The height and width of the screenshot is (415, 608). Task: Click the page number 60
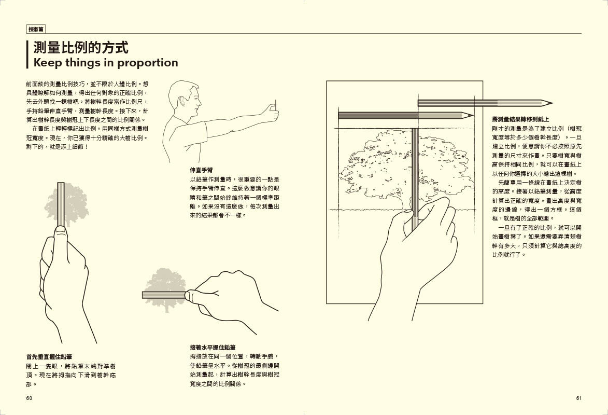29,398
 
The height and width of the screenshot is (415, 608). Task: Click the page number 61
578,398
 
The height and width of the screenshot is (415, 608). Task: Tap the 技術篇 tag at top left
36,30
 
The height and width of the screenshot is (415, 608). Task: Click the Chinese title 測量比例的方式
80,48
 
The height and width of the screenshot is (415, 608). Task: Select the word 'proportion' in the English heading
148,63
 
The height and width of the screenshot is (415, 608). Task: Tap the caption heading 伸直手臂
201,170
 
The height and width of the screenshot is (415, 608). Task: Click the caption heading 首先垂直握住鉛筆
49,356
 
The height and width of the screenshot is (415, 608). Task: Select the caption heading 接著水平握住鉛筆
213,347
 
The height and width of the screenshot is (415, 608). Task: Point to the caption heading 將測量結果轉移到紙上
520,119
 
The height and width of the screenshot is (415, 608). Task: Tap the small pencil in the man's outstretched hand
275,109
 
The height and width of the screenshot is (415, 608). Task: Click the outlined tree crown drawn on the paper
394,163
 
